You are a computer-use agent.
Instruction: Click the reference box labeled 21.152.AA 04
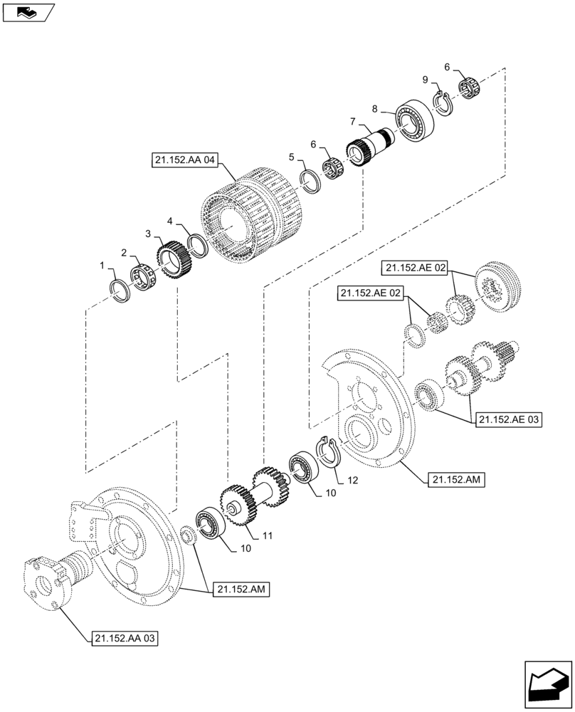coord(183,160)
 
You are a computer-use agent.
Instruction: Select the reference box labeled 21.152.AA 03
coord(124,638)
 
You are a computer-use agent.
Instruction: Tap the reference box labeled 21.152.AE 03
coord(506,420)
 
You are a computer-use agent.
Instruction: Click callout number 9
coord(425,79)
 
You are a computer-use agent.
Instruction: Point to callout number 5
coord(291,156)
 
